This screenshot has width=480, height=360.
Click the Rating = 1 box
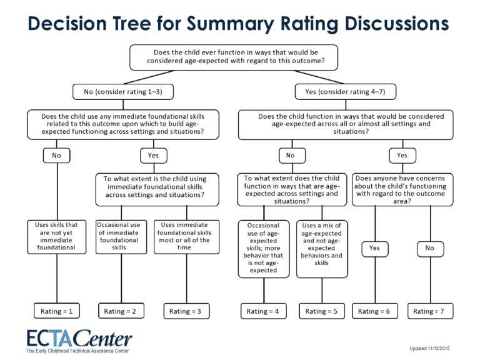click(x=57, y=311)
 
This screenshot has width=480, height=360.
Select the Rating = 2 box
click(x=122, y=311)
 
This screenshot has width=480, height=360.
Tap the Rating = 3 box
click(x=186, y=311)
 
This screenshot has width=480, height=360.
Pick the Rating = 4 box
click(x=264, y=311)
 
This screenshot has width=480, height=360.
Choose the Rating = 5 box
click(x=322, y=311)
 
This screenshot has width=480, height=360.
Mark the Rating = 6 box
click(x=375, y=311)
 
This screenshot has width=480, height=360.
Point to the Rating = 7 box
click(x=430, y=311)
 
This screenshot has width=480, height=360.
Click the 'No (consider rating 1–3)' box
click(x=123, y=92)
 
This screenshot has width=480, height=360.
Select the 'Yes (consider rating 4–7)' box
click(x=346, y=92)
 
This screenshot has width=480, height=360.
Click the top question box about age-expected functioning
click(x=234, y=57)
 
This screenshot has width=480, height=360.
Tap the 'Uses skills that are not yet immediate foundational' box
click(x=57, y=236)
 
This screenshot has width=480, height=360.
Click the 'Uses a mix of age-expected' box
click(x=322, y=248)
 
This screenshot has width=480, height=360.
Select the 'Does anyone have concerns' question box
click(x=402, y=189)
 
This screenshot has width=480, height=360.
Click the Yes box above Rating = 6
click(x=375, y=248)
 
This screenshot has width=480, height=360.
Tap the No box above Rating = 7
click(x=430, y=248)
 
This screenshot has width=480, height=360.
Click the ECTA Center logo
click(x=79, y=341)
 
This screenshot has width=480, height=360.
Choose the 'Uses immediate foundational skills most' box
click(x=186, y=236)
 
